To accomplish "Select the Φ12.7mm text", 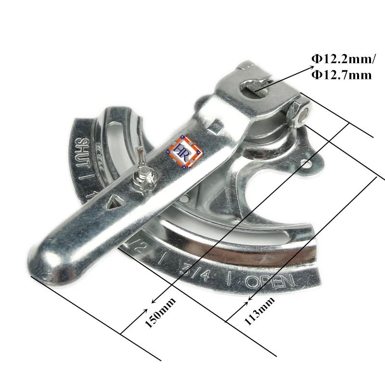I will point(341,75).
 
